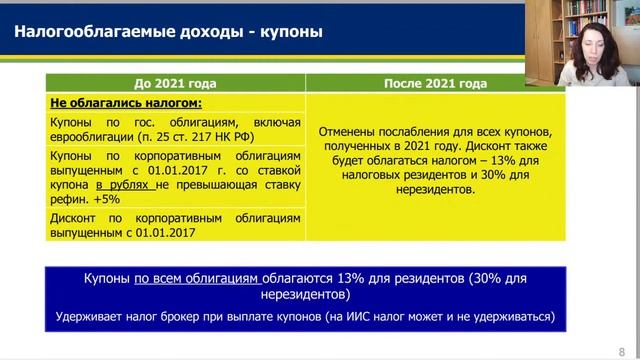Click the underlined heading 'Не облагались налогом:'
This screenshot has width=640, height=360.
click(112, 102)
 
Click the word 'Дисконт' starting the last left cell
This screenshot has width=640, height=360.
click(73, 218)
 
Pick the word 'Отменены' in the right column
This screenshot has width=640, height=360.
click(348, 131)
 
